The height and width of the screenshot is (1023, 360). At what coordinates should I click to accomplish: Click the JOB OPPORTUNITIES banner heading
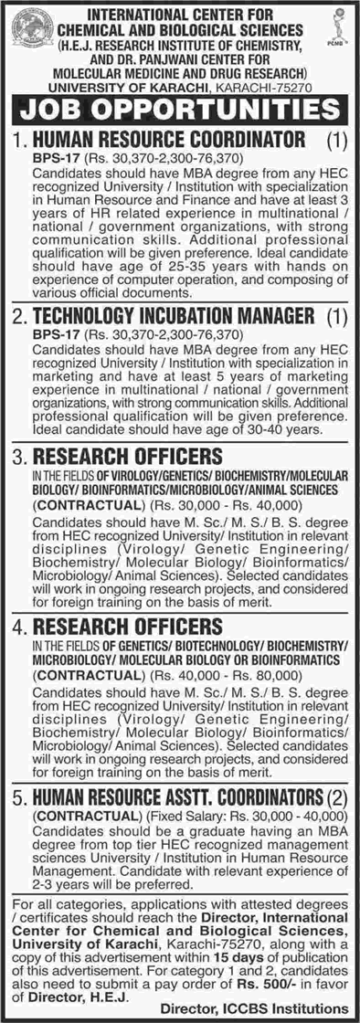click(179, 111)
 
